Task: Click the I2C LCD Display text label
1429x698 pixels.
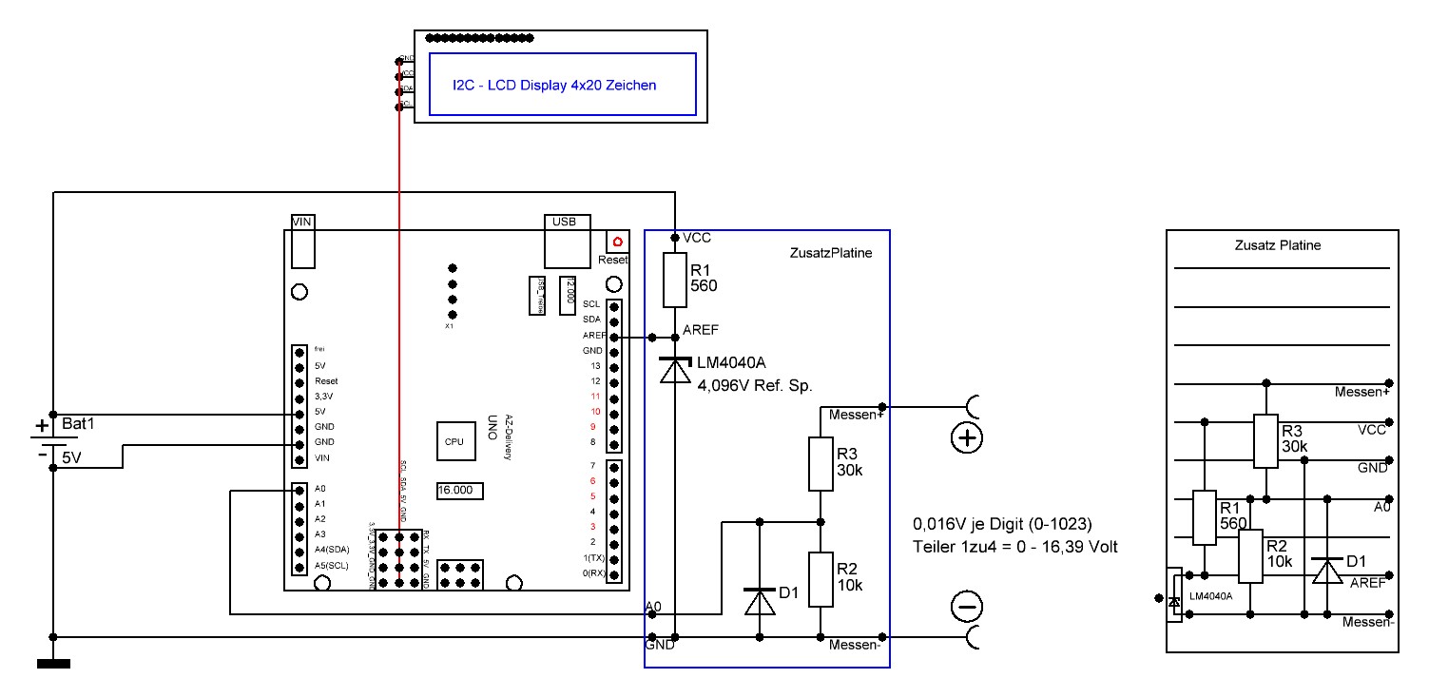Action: click(554, 85)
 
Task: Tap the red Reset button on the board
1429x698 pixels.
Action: click(617, 242)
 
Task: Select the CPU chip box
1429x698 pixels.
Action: click(453, 442)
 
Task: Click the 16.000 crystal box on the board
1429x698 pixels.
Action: click(459, 491)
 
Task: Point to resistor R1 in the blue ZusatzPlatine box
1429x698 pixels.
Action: click(674, 280)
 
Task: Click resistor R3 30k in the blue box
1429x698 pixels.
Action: click(821, 463)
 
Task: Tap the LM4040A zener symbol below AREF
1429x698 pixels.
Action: click(674, 368)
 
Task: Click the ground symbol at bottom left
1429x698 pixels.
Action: click(53, 664)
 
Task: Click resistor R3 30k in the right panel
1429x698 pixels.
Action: click(1265, 440)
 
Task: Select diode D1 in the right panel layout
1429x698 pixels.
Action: click(1324, 570)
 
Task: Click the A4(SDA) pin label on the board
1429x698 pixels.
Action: click(333, 551)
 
